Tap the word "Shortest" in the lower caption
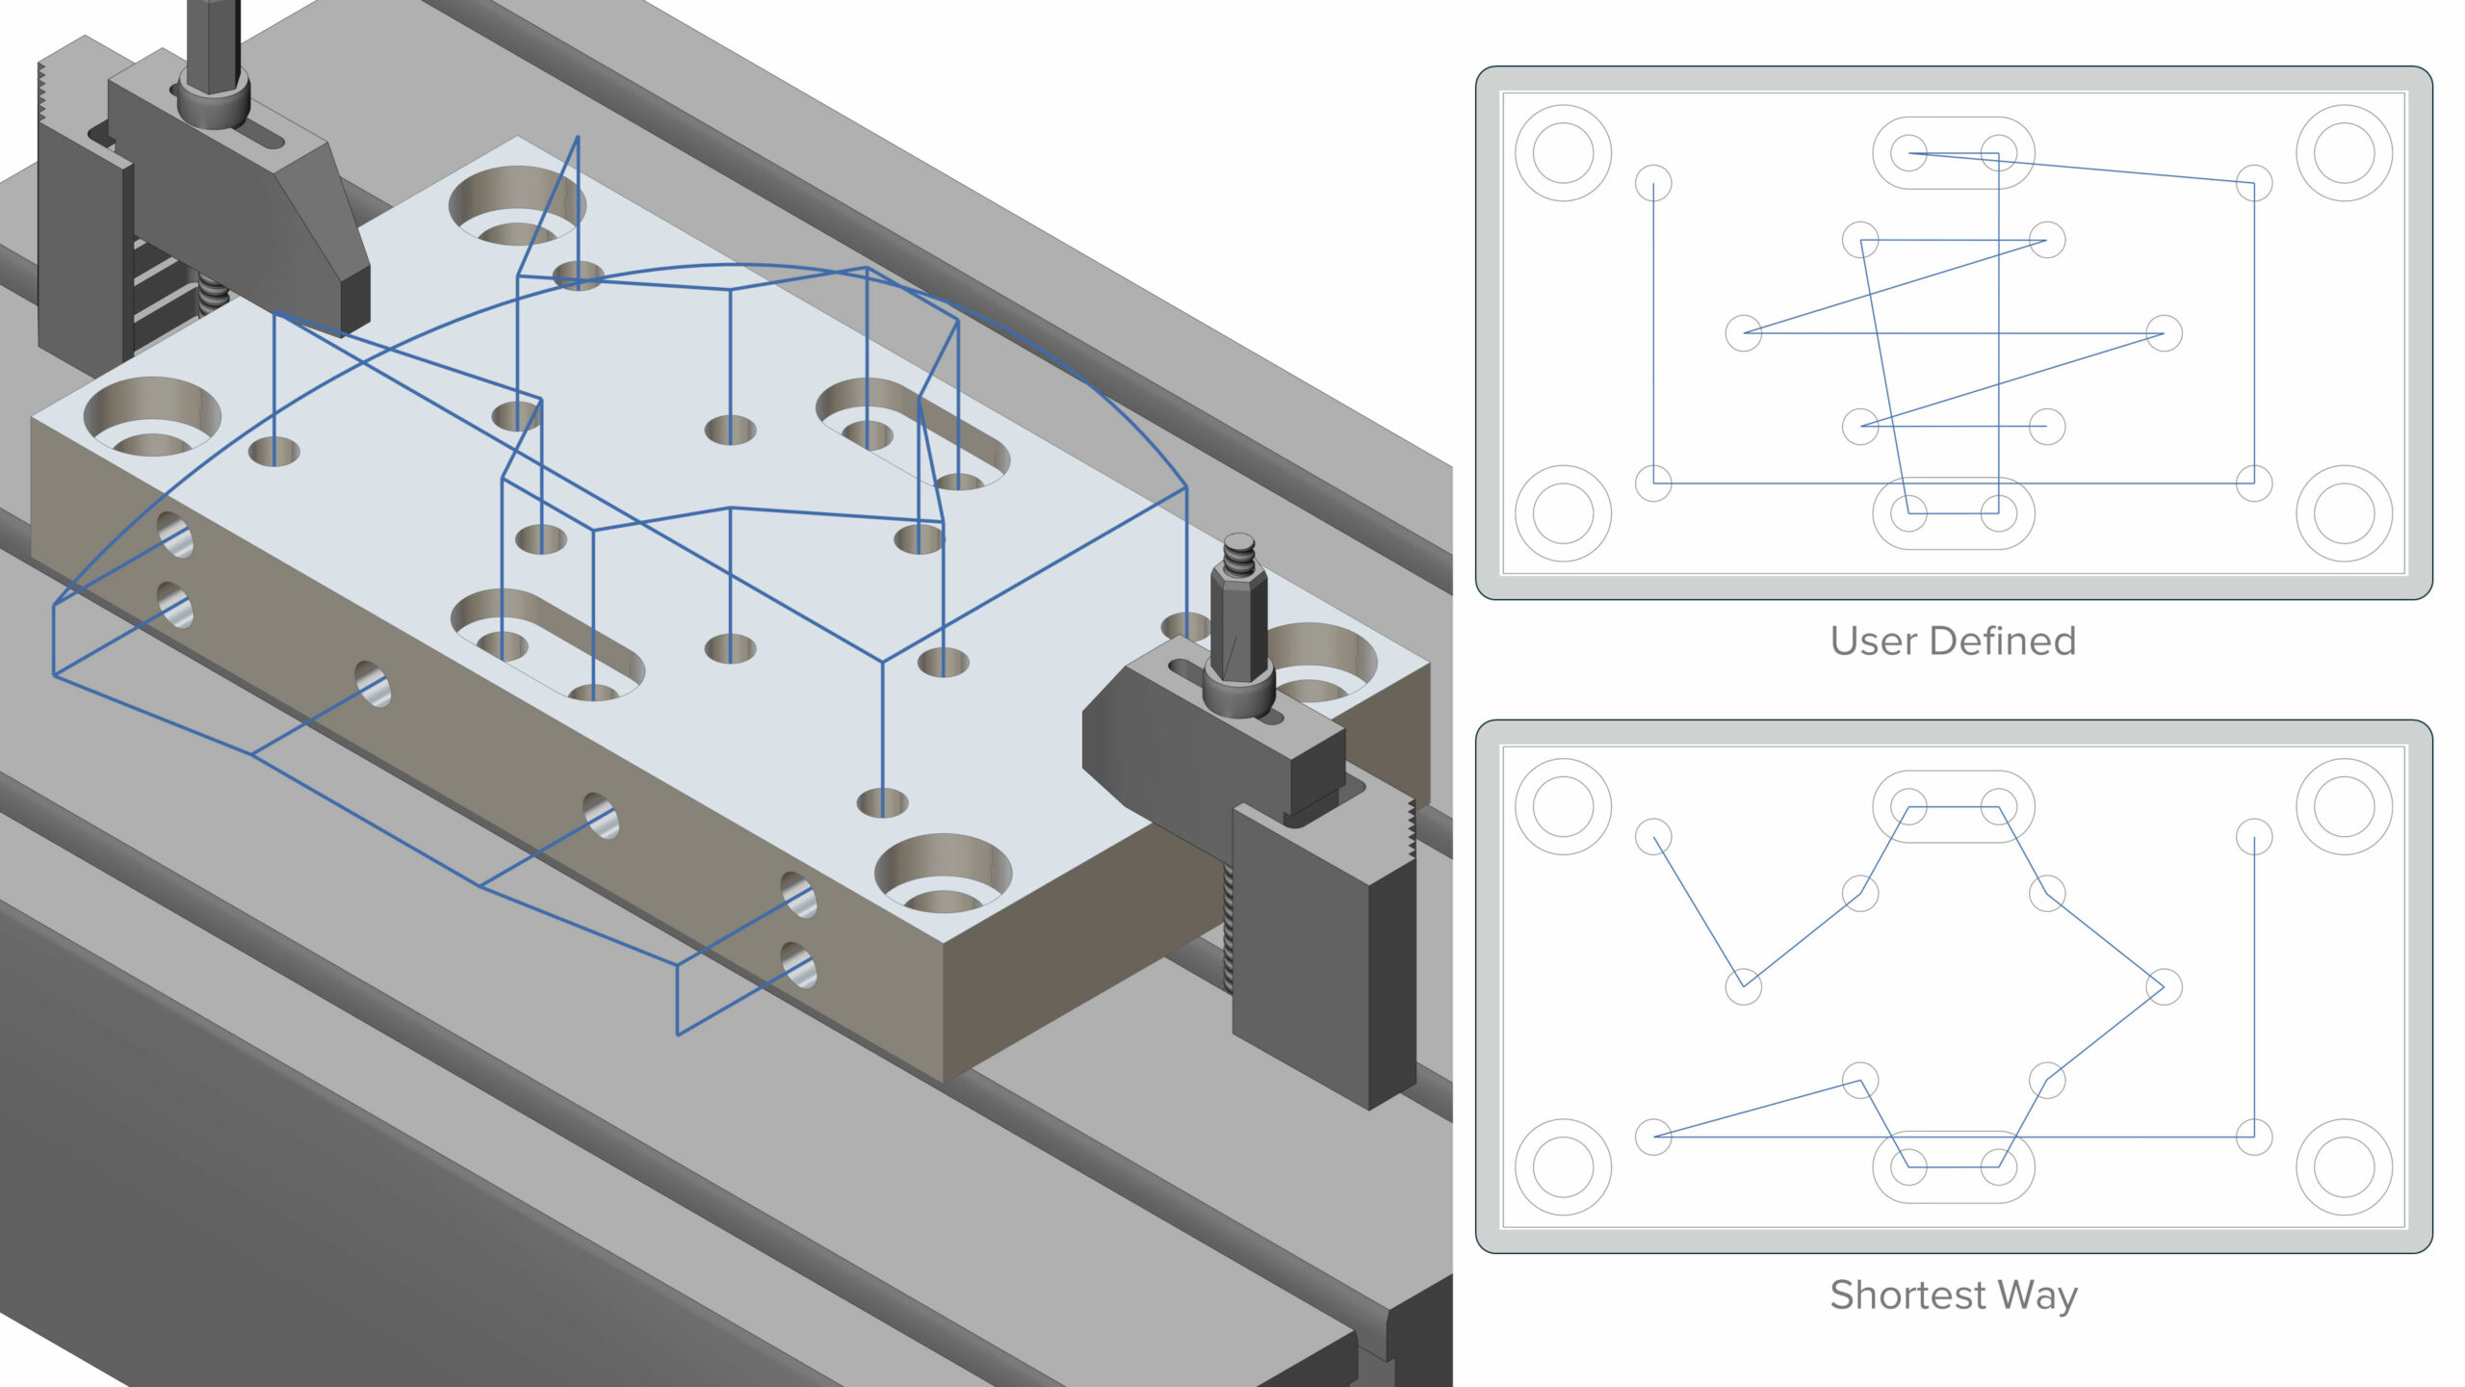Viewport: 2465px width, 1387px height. coord(1907,1295)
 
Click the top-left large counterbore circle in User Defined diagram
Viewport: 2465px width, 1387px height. coord(1563,153)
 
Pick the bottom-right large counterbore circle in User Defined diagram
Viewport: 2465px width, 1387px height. coord(2344,513)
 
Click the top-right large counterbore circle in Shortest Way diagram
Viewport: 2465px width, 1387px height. coord(2344,807)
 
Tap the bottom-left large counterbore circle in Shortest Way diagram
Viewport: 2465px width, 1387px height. coord(1563,1166)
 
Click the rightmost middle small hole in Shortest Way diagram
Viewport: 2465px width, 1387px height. coord(2164,987)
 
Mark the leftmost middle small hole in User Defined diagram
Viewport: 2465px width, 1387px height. coord(1743,333)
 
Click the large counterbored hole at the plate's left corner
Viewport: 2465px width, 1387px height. coord(152,417)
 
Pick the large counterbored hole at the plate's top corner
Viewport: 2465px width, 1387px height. coord(515,205)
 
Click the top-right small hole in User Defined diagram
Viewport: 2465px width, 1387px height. coord(2253,183)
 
